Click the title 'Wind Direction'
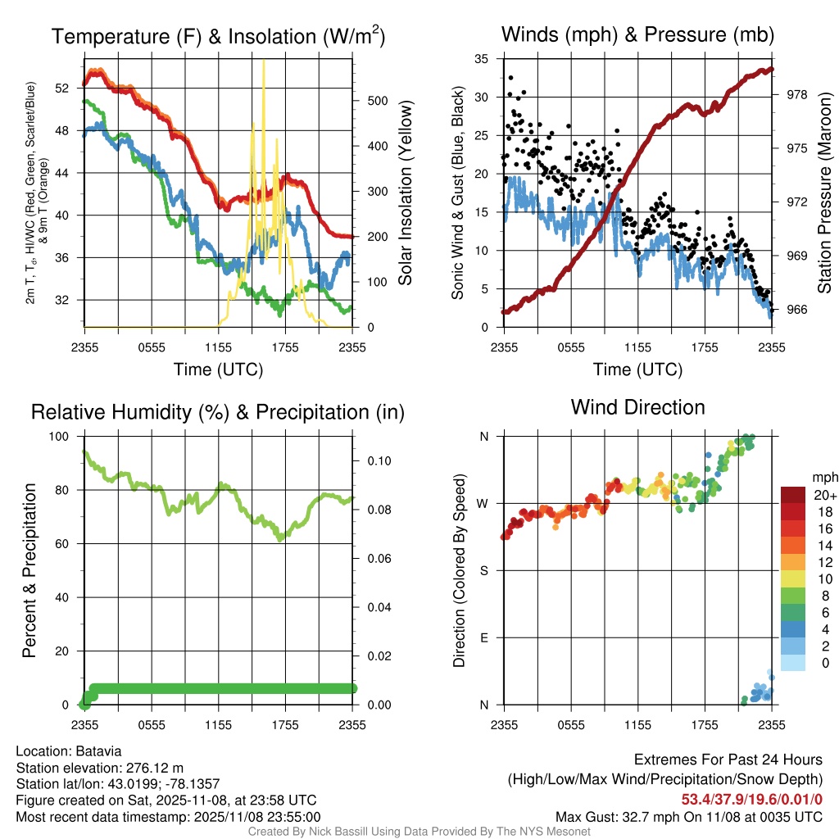tap(637, 407)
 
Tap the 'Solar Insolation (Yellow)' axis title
tap(405, 193)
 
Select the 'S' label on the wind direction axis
tap(484, 571)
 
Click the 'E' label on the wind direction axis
tap(484, 637)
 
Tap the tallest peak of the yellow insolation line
tap(263, 62)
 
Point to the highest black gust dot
tap(510, 78)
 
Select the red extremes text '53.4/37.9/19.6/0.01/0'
tap(752, 799)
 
